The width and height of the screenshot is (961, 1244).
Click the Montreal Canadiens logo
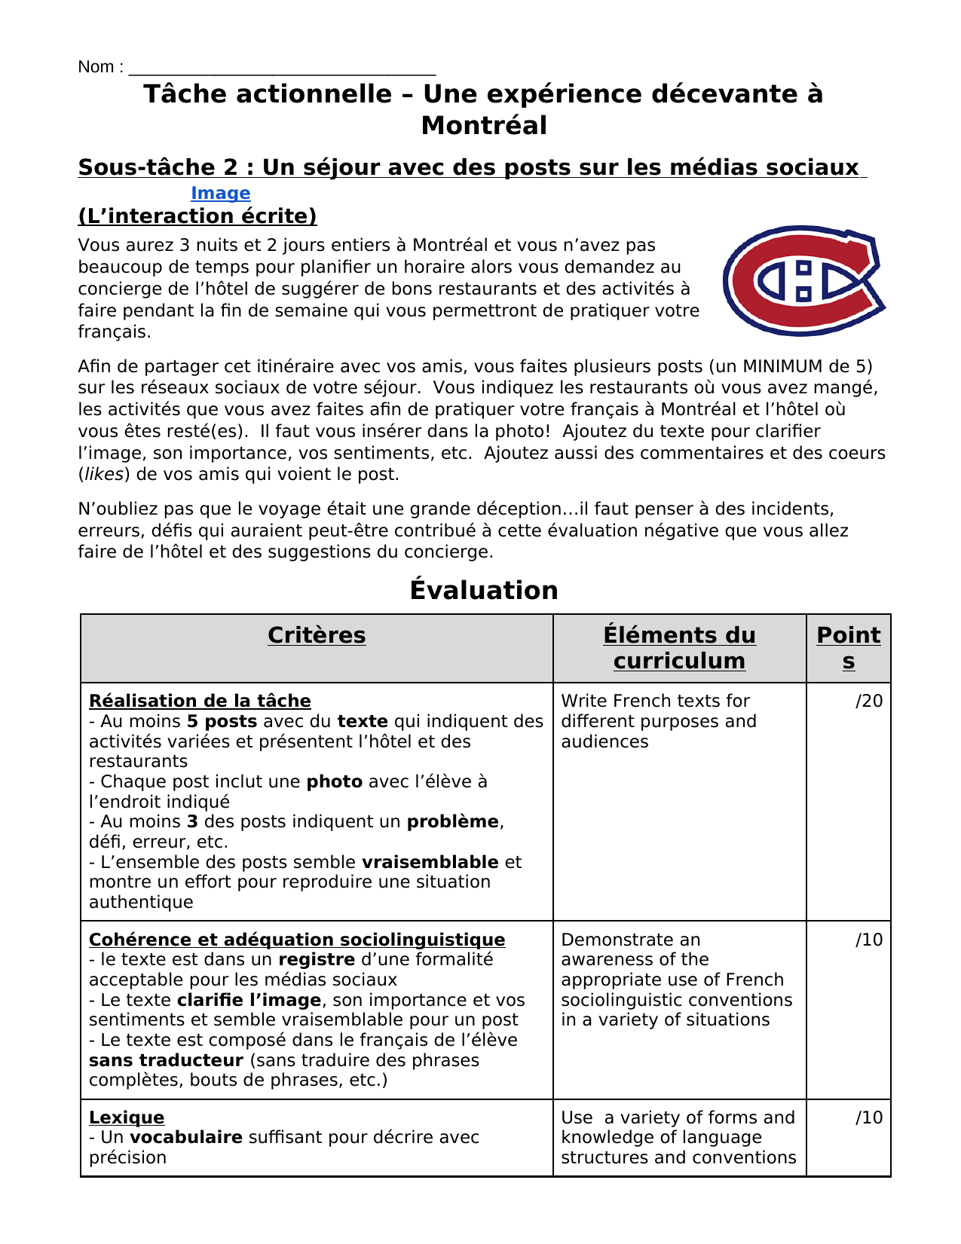click(803, 280)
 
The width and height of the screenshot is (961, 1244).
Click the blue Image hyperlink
click(220, 194)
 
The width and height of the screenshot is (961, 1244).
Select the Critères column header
click(317, 635)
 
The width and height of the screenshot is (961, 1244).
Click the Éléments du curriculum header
click(679, 648)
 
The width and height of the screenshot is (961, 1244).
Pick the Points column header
click(848, 648)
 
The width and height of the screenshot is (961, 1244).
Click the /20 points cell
click(868, 701)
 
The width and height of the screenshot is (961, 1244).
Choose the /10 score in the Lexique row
click(868, 1117)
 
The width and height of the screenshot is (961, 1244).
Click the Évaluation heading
click(484, 590)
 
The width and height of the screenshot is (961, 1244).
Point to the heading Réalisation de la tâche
click(200, 701)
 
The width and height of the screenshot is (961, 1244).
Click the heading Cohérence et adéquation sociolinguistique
click(297, 940)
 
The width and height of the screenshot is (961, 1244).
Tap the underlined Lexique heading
click(127, 1117)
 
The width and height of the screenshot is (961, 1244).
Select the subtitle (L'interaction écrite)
click(197, 216)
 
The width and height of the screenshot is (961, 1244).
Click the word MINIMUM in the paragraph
click(782, 366)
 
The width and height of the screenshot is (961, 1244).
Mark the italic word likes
click(104, 475)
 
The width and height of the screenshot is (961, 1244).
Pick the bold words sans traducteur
click(166, 1060)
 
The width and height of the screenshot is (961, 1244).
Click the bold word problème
click(452, 821)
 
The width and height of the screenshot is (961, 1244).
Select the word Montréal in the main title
click(484, 126)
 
